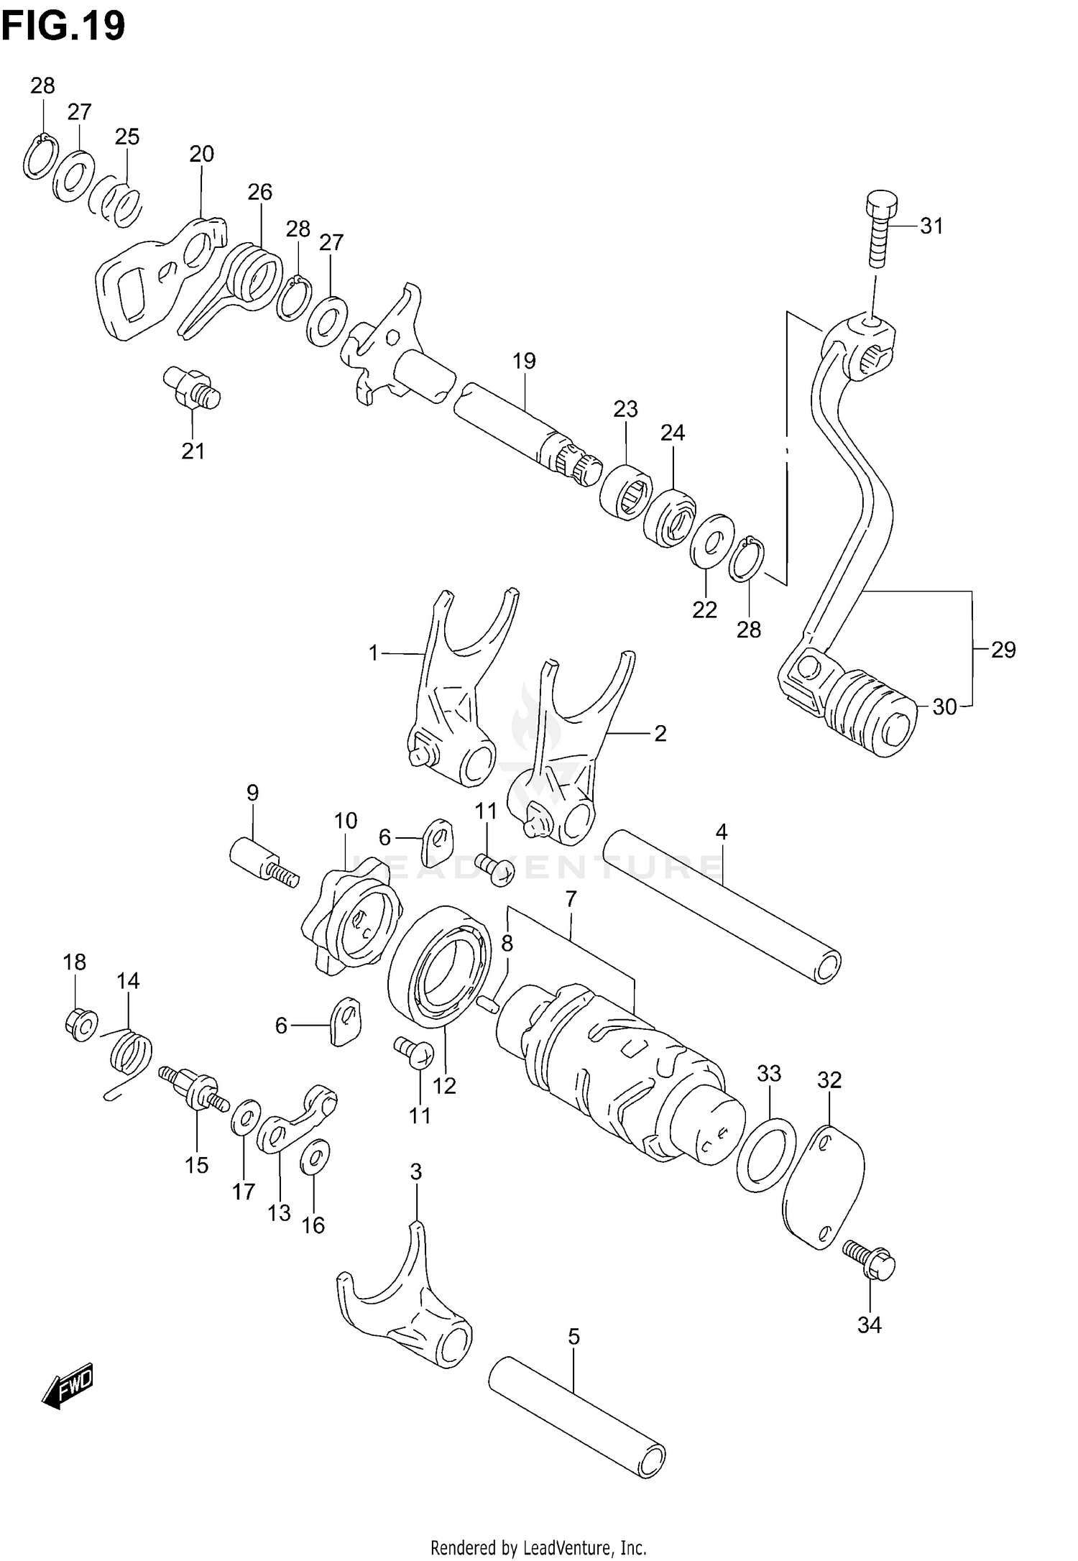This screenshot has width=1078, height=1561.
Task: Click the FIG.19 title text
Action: (x=63, y=26)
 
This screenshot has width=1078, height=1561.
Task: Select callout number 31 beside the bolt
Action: (x=931, y=226)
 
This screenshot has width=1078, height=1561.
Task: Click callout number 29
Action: (x=1003, y=650)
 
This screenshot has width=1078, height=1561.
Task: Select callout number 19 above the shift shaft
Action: (x=525, y=361)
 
